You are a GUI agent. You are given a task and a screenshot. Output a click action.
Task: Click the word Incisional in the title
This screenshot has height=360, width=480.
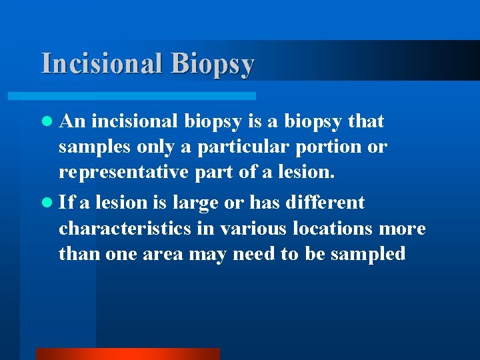[101, 63]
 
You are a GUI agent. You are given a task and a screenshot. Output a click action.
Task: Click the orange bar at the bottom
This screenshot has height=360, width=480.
[127, 354]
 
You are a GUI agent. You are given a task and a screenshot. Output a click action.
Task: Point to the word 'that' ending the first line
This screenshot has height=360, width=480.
[365, 121]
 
